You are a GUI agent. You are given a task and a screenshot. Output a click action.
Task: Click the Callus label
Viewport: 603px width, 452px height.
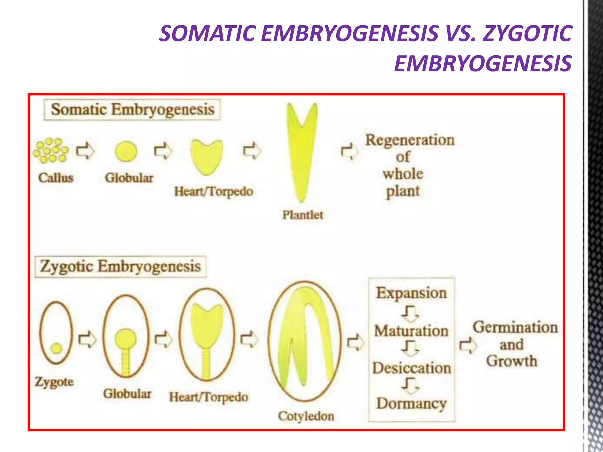[x=56, y=178]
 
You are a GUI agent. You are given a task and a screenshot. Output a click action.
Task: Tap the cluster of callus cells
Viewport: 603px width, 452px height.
[x=51, y=150]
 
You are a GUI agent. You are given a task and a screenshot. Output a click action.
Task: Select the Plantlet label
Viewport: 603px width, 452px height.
[x=303, y=215]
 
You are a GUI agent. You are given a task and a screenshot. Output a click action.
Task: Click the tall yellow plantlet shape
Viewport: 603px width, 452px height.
[x=302, y=153]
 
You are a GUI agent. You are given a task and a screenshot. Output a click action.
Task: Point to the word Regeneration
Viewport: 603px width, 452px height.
[x=410, y=140]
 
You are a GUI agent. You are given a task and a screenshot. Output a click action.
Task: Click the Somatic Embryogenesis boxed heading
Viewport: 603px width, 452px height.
[x=132, y=110]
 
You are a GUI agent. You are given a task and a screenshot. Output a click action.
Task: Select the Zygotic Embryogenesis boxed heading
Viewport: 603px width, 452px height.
[x=120, y=267]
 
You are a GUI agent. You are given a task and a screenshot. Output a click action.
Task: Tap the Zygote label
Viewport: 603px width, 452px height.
[x=54, y=382]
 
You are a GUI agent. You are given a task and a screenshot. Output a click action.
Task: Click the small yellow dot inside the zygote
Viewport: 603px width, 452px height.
[x=56, y=348]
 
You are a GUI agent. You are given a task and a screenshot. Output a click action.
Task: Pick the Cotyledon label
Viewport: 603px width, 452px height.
[x=306, y=416]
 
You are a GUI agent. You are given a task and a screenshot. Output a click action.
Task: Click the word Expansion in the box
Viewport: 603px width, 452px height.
[x=411, y=293]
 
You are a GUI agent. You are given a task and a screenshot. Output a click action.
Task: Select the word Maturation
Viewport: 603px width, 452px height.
[x=411, y=331]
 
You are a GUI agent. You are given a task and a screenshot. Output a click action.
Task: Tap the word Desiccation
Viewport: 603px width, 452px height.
[x=412, y=368]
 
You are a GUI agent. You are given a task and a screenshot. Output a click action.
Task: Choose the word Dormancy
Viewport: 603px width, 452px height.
[x=411, y=403]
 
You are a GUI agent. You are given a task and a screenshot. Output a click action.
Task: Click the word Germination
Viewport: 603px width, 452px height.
[x=515, y=328]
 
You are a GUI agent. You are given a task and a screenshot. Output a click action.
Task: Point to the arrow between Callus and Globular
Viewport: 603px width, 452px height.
[x=85, y=151]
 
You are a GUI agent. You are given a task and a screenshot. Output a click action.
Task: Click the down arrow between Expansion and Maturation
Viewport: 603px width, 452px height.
[x=410, y=313]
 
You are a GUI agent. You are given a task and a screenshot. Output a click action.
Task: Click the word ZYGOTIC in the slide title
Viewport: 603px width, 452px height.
[x=527, y=33]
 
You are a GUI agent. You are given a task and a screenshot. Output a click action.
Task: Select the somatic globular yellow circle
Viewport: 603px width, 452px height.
[x=126, y=152]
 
